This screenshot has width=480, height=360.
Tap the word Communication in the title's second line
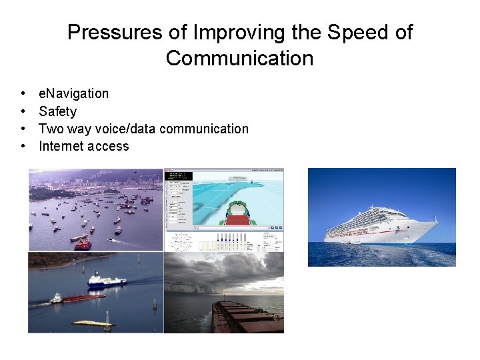click(x=239, y=58)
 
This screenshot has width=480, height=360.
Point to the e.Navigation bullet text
click(x=73, y=94)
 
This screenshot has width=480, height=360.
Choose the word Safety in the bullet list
click(x=57, y=111)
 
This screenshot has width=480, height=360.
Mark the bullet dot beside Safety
click(x=23, y=111)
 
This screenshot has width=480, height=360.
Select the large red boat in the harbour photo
click(x=83, y=243)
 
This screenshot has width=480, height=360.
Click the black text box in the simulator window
click(x=179, y=176)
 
